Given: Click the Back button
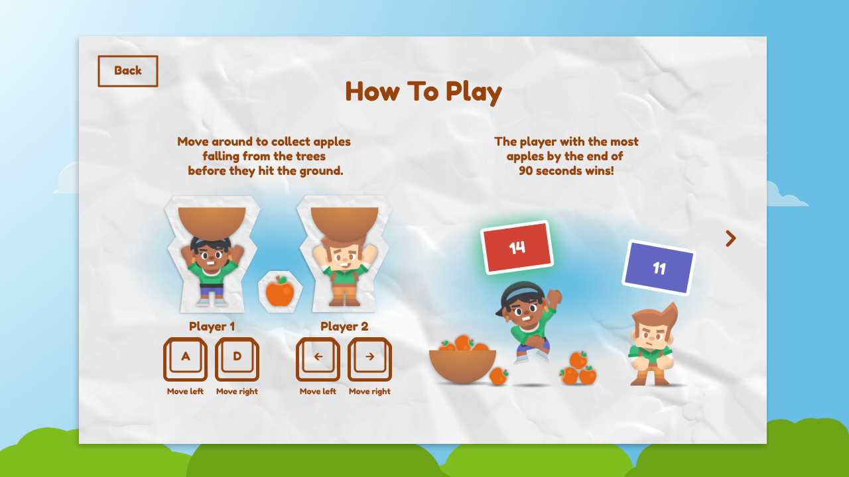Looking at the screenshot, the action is pyautogui.click(x=128, y=71).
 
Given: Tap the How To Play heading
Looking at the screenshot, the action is pyautogui.click(x=423, y=92).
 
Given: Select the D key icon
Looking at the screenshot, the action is pyautogui.click(x=237, y=359).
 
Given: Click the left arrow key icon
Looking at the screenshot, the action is pyautogui.click(x=318, y=359).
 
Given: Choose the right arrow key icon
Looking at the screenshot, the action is pyautogui.click(x=370, y=359).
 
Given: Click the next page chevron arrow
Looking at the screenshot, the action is pyautogui.click(x=731, y=238).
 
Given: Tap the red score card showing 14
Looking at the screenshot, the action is pyautogui.click(x=517, y=247).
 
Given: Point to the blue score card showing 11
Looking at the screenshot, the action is pyautogui.click(x=659, y=268).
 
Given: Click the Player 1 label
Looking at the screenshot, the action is pyautogui.click(x=212, y=327).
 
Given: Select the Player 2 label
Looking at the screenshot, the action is pyautogui.click(x=344, y=327).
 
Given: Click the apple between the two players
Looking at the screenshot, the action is pyautogui.click(x=280, y=291).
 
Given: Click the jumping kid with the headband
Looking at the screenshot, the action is pyautogui.click(x=529, y=322).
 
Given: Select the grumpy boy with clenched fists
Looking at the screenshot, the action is pyautogui.click(x=652, y=344).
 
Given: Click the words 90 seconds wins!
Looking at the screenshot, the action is pyautogui.click(x=566, y=171).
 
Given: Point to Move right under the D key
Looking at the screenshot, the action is pyautogui.click(x=237, y=392).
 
